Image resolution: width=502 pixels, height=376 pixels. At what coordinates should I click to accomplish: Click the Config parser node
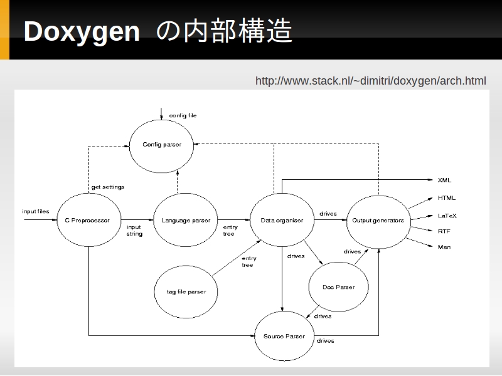click(162, 145)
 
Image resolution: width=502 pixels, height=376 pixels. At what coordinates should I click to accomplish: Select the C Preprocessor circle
click(87, 220)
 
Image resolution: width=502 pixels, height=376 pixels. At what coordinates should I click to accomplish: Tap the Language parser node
click(186, 220)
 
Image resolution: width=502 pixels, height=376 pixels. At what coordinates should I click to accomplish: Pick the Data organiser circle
click(282, 220)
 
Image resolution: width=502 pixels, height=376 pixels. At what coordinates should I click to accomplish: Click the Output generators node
click(378, 220)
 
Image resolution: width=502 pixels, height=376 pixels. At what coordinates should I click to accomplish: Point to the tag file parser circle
click(186, 291)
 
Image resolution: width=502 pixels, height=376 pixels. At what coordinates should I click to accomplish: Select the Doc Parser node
click(339, 287)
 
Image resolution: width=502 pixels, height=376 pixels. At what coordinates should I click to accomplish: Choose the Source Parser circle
click(284, 337)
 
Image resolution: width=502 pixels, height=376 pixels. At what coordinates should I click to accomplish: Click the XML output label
click(444, 180)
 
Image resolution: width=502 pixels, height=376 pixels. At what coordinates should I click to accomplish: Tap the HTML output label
click(447, 198)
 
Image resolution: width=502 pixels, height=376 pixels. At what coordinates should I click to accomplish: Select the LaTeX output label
click(447, 216)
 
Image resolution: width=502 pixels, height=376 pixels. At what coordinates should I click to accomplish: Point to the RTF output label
click(444, 231)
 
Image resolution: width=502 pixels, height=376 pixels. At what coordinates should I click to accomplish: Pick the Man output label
click(444, 247)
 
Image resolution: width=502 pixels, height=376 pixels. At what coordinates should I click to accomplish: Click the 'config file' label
click(183, 116)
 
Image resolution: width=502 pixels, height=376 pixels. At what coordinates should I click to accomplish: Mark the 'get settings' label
click(108, 187)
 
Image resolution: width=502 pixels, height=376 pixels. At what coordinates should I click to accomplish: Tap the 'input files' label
click(36, 212)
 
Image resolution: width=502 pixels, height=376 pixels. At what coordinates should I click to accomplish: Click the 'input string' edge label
click(134, 231)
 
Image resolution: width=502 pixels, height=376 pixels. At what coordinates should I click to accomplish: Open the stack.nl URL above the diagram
click(370, 81)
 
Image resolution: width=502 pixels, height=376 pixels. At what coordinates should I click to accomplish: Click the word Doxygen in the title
click(82, 31)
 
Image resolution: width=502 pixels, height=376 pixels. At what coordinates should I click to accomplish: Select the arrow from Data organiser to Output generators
click(330, 220)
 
